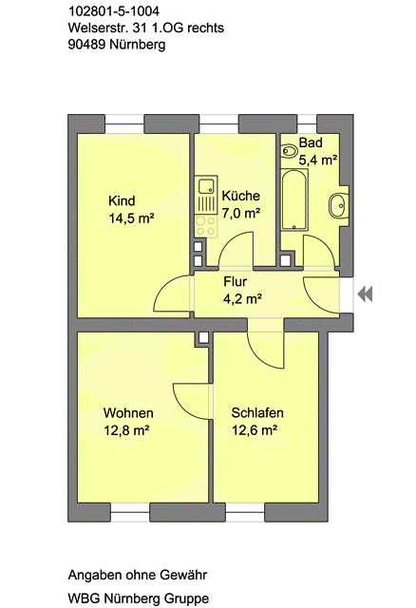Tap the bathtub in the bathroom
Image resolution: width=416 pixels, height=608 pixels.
tap(294, 199)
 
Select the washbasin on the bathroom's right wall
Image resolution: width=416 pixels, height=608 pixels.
tap(337, 205)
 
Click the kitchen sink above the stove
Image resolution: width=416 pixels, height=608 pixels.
tap(206, 187)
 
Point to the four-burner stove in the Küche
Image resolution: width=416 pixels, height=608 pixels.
tap(206, 226)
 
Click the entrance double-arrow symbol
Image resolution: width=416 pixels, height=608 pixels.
tap(365, 294)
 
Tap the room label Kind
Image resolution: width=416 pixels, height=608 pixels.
tap(122, 200)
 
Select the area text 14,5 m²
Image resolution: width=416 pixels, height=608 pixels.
tap(132, 218)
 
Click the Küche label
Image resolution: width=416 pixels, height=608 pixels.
tap(240, 196)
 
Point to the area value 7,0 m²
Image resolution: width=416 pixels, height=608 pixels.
tap(240, 213)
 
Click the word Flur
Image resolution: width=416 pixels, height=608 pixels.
tap(235, 281)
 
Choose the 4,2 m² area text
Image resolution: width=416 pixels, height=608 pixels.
tap(242, 299)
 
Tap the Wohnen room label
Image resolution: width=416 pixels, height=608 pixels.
tap(128, 413)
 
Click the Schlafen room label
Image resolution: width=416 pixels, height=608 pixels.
tap(257, 412)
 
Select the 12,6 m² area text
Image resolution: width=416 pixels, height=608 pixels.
tap(255, 430)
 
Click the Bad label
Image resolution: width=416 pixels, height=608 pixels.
tap(311, 142)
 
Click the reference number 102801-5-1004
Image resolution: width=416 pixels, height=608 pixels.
tap(114, 11)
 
